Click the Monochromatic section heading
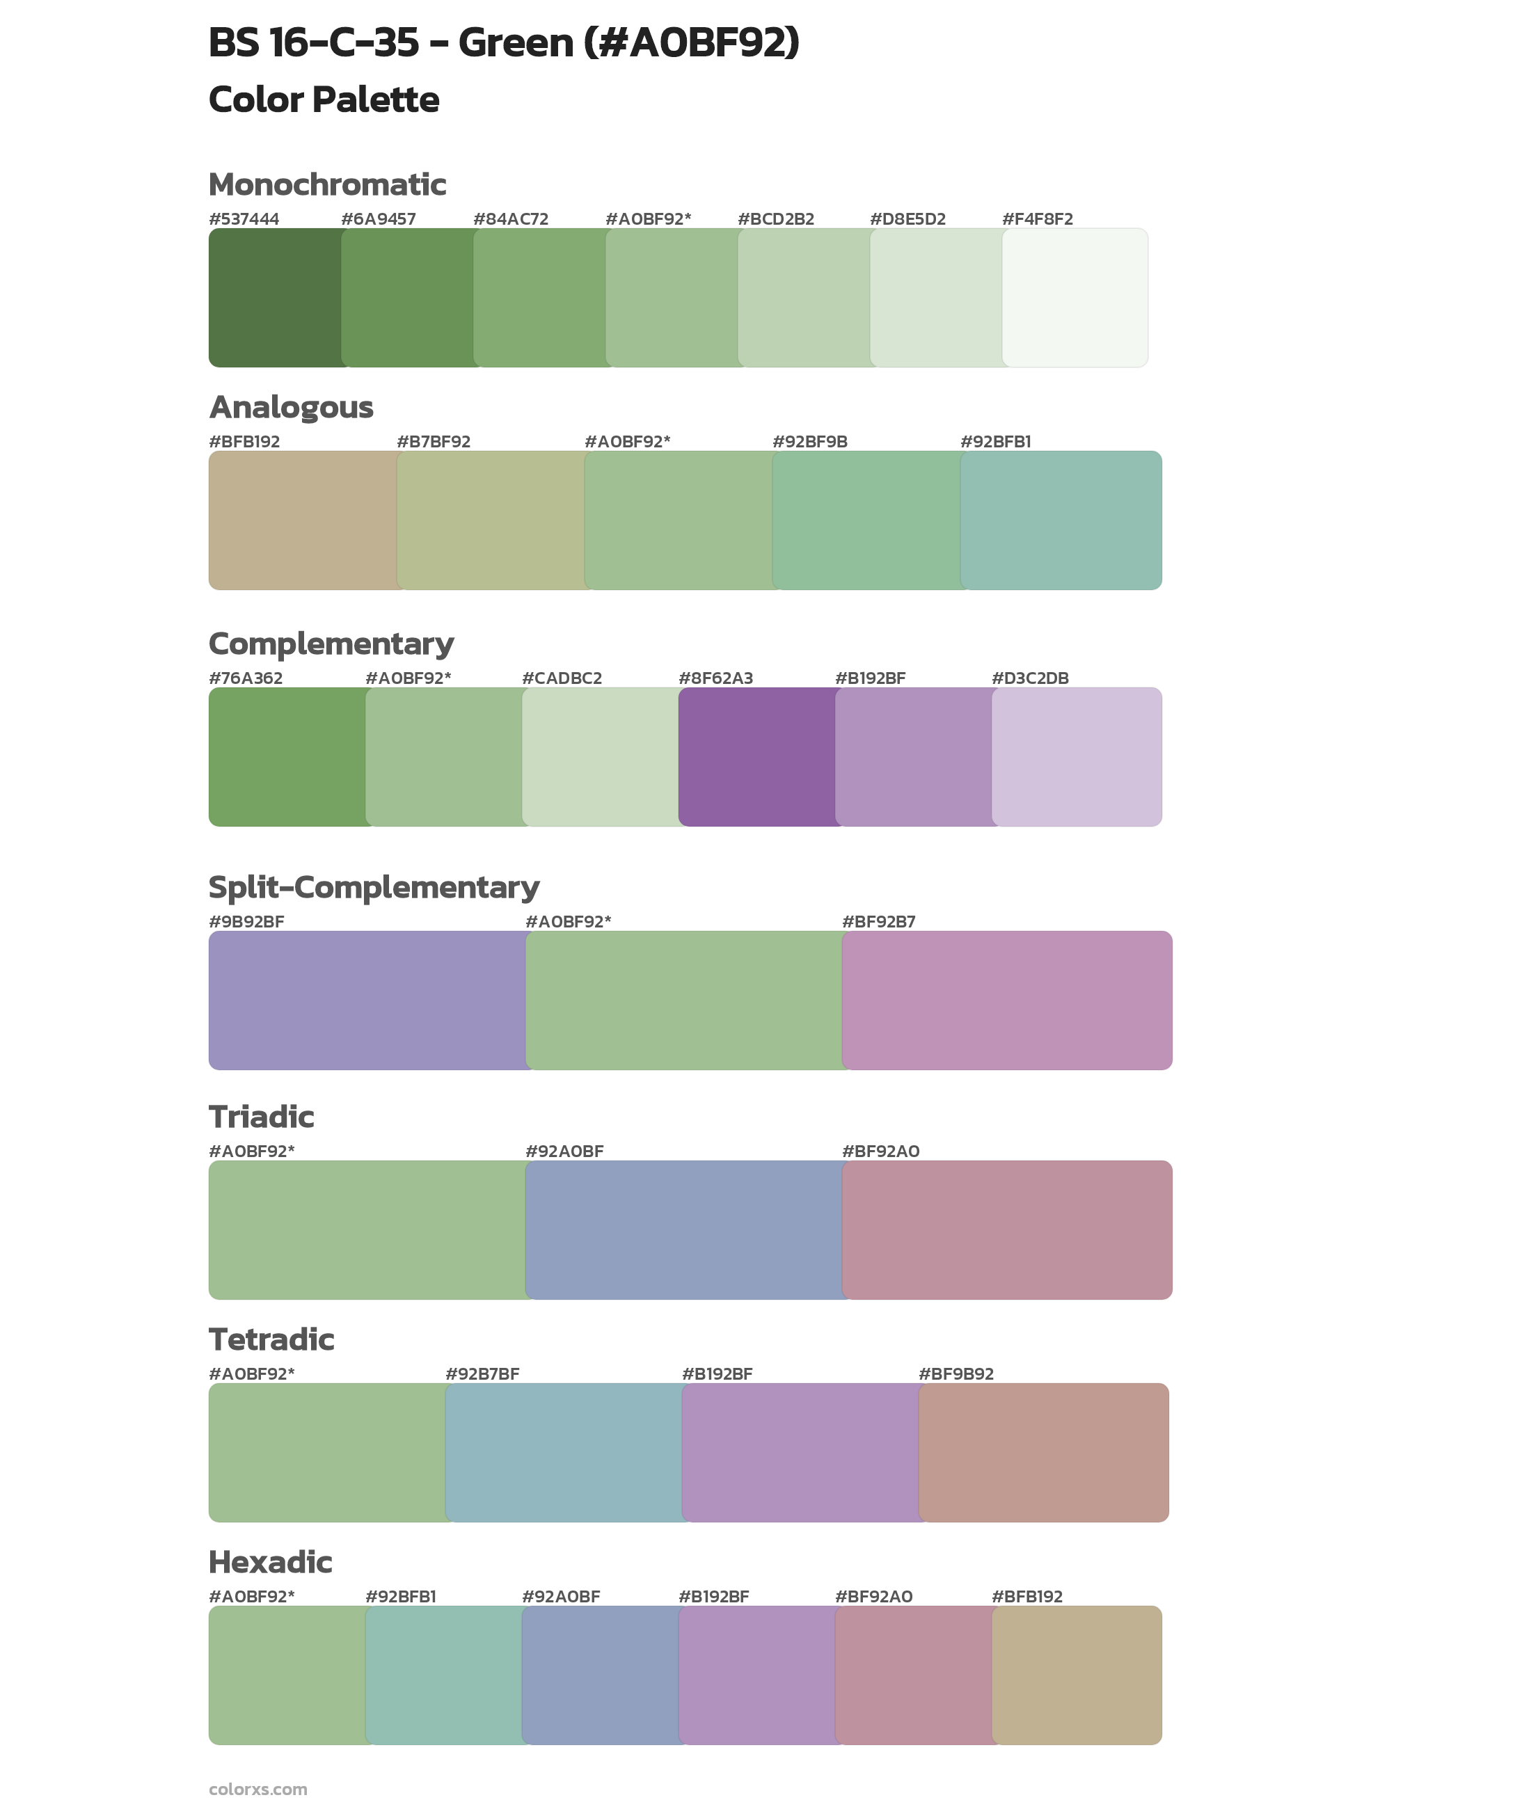pyautogui.click(x=327, y=185)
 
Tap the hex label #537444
pyautogui.click(x=244, y=219)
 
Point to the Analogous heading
pyautogui.click(x=291, y=407)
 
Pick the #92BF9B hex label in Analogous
pyautogui.click(x=810, y=442)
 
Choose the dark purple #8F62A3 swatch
pyautogui.click(x=757, y=756)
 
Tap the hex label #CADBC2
pyautogui.click(x=562, y=678)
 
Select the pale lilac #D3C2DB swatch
pyautogui.click(x=1076, y=756)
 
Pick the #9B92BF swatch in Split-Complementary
pyautogui.click(x=367, y=1001)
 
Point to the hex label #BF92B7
pyautogui.click(x=878, y=921)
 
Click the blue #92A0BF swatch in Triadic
pyautogui.click(x=684, y=1230)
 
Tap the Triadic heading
pyautogui.click(x=261, y=1117)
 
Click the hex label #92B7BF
pyautogui.click(x=482, y=1373)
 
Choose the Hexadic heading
pyautogui.click(x=271, y=1563)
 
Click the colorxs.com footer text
pyautogui.click(x=257, y=1789)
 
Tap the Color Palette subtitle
pyautogui.click(x=324, y=99)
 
